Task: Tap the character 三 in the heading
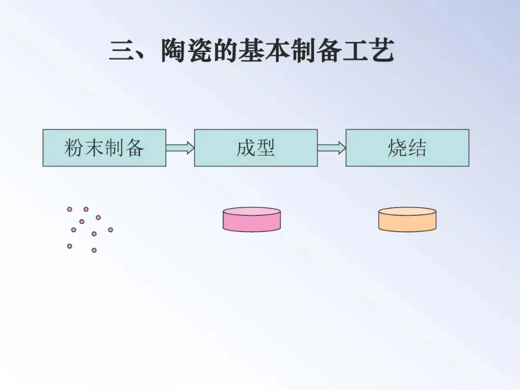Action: tap(120, 51)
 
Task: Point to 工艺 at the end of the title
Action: tap(368, 51)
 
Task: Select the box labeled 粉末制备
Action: tap(104, 148)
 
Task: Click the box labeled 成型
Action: tap(256, 148)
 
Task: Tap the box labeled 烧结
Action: tap(407, 148)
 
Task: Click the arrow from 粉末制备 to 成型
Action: tap(180, 148)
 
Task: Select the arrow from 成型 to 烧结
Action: tap(332, 148)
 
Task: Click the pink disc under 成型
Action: tap(251, 220)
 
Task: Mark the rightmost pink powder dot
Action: tap(110, 230)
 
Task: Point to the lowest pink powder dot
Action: tap(94, 250)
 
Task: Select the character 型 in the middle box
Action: tap(266, 148)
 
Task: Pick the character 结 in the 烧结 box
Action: tap(417, 148)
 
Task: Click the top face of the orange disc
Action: tap(407, 212)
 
